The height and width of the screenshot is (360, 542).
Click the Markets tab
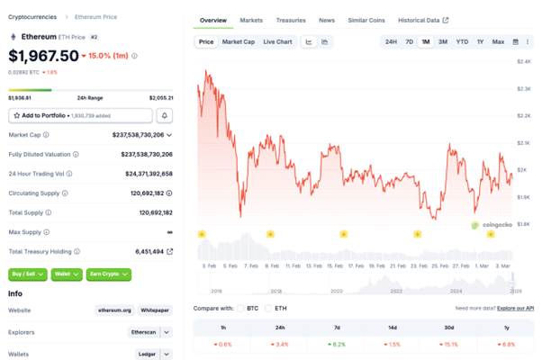[x=251, y=20]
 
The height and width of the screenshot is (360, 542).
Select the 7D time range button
[x=409, y=41]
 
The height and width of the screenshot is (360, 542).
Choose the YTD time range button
[x=462, y=41]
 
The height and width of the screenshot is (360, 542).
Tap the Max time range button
[x=498, y=41]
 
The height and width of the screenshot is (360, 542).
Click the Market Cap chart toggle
[x=238, y=41]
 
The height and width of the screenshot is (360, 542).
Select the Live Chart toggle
[x=277, y=41]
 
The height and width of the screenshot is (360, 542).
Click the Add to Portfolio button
[x=80, y=115]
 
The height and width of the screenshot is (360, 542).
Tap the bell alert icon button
[x=165, y=115]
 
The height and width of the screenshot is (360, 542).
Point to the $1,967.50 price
[x=41, y=56]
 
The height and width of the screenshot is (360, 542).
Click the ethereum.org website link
[x=115, y=310]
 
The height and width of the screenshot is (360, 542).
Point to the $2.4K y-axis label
[x=523, y=61]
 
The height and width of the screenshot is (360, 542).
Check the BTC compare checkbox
[x=243, y=308]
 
